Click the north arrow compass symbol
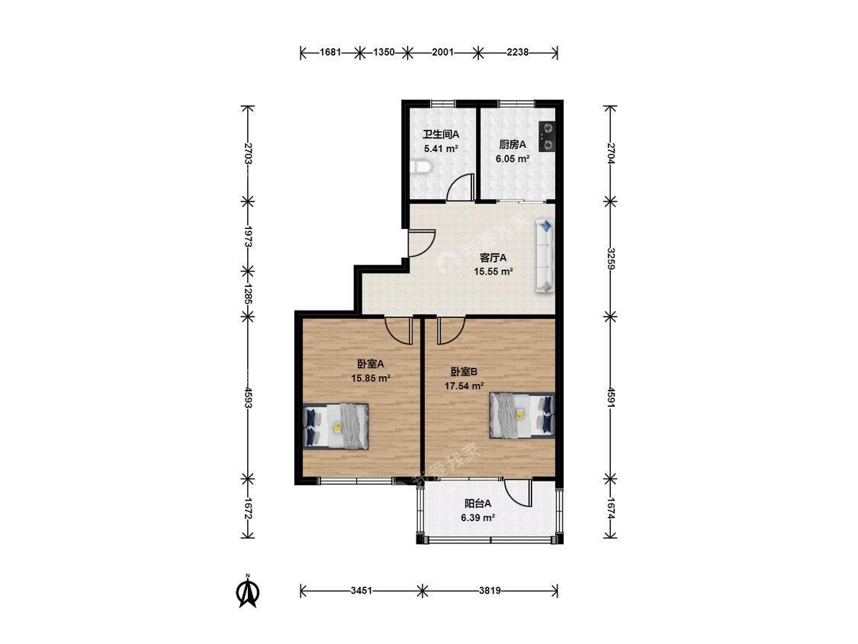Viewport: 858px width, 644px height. (248, 592)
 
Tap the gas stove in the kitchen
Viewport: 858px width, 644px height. (547, 137)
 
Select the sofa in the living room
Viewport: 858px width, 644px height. (545, 255)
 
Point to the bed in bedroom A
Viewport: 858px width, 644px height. (336, 427)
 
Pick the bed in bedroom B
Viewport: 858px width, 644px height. (522, 414)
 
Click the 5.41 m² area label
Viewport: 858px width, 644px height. (441, 148)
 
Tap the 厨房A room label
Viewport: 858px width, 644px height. (513, 144)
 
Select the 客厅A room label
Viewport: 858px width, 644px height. (493, 257)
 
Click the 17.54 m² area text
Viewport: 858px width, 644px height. (464, 386)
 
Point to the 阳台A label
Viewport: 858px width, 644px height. (477, 504)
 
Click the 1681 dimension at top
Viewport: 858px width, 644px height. (330, 53)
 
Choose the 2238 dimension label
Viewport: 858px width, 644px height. (518, 53)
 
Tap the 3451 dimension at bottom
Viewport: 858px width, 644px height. (362, 591)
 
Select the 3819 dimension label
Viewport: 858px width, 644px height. (490, 591)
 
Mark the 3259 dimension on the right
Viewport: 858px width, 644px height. (611, 259)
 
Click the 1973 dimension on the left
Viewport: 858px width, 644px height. (248, 237)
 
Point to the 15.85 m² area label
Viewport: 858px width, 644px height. (371, 378)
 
